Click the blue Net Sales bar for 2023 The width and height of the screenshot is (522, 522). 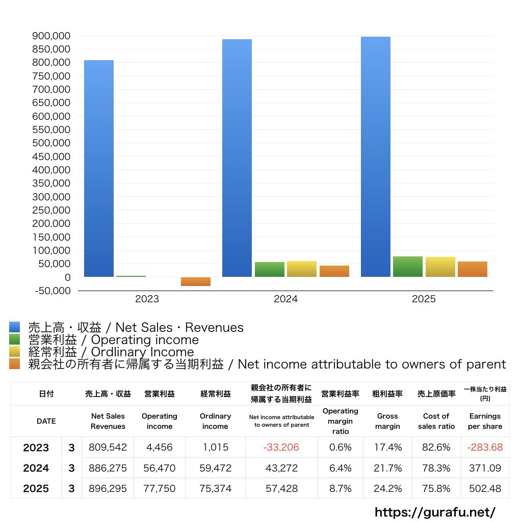tap(99, 168)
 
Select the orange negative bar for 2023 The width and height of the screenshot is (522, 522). tap(196, 281)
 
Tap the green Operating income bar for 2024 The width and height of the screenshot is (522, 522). tap(270, 269)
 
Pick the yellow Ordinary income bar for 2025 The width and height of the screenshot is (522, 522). tap(440, 267)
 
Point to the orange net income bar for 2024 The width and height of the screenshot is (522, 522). tap(334, 271)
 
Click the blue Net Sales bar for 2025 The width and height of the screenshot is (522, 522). tap(376, 157)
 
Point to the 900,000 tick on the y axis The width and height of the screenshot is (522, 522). tap(51, 36)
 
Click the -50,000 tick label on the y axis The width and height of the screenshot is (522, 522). tap(53, 291)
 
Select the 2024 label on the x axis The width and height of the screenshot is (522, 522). tap(285, 299)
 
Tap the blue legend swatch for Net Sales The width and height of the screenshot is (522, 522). tap(15, 327)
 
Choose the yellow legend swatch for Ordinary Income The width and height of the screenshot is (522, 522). tap(15, 352)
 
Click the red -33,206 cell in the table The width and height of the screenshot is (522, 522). tap(281, 447)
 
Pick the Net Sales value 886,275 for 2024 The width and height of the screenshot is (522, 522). tap(108, 468)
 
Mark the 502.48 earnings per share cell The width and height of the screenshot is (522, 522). tap(485, 488)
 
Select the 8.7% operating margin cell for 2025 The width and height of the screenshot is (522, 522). tap(340, 488)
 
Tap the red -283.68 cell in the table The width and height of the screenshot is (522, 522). tap(485, 447)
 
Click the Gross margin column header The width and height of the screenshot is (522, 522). tap(387, 421)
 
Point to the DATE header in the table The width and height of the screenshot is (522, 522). tap(46, 421)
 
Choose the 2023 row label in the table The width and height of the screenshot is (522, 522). tap(36, 448)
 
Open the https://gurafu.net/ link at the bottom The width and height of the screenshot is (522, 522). tap(435, 512)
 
